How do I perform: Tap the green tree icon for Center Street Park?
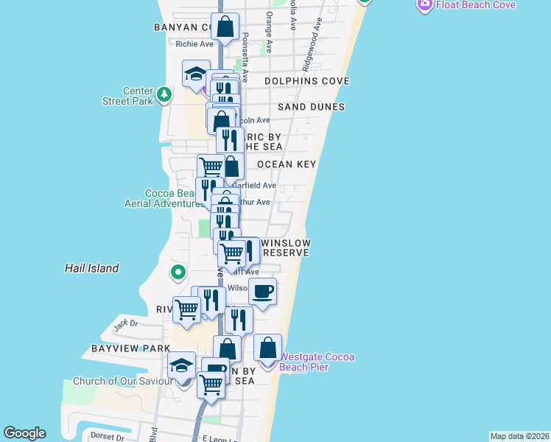[x=164, y=95]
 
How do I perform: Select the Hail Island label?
[x=92, y=268]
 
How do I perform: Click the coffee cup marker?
[x=262, y=292]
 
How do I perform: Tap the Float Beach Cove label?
[x=475, y=5]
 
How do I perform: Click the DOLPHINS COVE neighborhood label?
[x=306, y=81]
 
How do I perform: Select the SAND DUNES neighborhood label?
[x=312, y=107]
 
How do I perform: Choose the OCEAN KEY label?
[x=287, y=164]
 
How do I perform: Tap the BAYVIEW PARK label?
[x=131, y=348]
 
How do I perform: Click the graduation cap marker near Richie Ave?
[x=197, y=74]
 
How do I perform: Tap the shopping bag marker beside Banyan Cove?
[x=225, y=27]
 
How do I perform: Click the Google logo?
[x=24, y=433]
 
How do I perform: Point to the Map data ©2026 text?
[x=519, y=436]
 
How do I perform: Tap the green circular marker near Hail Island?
[x=178, y=273]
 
